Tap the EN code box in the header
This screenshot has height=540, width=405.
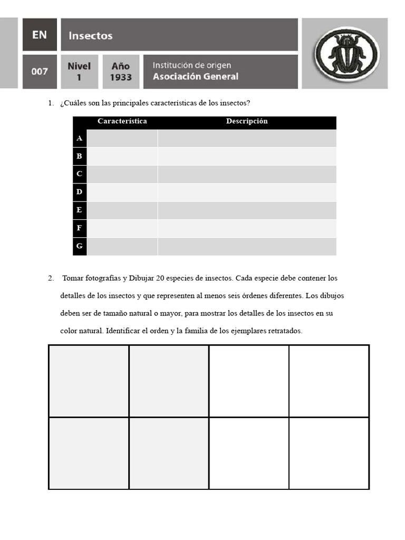40,35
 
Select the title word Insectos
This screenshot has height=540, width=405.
90,36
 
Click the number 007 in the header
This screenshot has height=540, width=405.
40,72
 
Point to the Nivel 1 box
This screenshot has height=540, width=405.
79,72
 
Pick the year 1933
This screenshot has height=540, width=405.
121,78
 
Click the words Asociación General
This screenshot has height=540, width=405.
195,76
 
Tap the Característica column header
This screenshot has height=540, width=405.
122,121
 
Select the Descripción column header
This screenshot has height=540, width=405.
247,121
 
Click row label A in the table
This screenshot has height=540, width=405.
80,138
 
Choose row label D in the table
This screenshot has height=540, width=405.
80,192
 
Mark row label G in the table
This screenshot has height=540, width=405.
80,246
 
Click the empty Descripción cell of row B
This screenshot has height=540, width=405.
247,156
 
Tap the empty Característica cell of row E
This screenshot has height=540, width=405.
122,210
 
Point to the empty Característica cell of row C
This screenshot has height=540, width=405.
122,174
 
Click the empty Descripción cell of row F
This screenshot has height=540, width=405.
247,228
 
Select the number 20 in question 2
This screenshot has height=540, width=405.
161,278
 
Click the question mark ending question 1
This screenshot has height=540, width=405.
248,103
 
